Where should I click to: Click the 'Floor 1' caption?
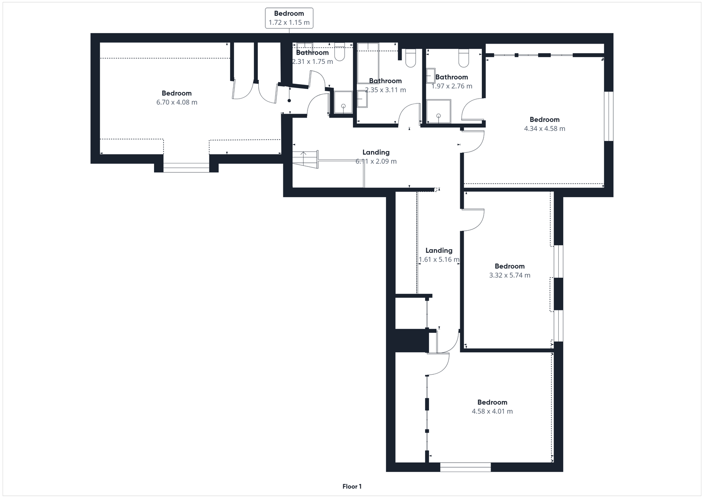pyautogui.click(x=352, y=487)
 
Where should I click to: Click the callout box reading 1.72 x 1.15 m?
pyautogui.click(x=289, y=18)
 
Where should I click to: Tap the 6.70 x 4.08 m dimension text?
pyautogui.click(x=176, y=102)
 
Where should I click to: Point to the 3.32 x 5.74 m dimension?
pyautogui.click(x=510, y=275)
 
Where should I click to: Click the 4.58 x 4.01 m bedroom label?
pyautogui.click(x=492, y=406)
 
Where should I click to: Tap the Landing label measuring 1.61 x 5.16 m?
pyautogui.click(x=439, y=255)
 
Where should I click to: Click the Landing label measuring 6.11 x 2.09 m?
pyautogui.click(x=376, y=156)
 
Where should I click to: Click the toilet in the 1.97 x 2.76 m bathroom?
pyautogui.click(x=464, y=57)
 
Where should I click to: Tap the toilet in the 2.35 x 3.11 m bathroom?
pyautogui.click(x=410, y=58)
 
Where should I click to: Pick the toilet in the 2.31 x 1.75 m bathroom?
pyautogui.click(x=339, y=52)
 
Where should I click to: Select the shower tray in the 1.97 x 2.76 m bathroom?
pyautogui.click(x=439, y=111)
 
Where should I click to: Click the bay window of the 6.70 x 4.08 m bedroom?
pyautogui.click(x=186, y=167)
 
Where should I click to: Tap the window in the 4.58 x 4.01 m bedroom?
pyautogui.click(x=465, y=467)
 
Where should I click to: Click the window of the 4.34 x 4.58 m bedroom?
pyautogui.click(x=609, y=116)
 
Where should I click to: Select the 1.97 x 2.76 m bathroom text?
pyautogui.click(x=451, y=81)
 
